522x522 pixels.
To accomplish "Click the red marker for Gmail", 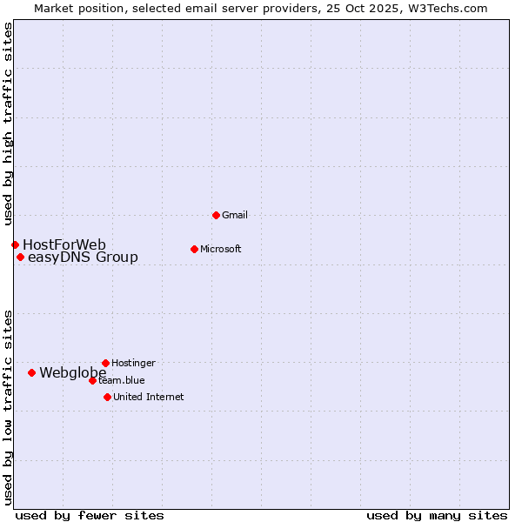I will pyautogui.click(x=216, y=215).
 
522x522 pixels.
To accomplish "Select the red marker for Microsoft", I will pyautogui.click(x=194, y=249).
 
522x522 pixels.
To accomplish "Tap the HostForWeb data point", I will pyautogui.click(x=15, y=244).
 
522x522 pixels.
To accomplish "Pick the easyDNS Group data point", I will pyautogui.click(x=20, y=257).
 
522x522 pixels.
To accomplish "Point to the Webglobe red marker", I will pyautogui.click(x=31, y=372).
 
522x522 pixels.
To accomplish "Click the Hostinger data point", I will pyautogui.click(x=105, y=363).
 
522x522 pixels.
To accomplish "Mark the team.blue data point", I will pyautogui.click(x=92, y=380).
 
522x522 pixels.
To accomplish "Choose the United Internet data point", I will pyautogui.click(x=107, y=397).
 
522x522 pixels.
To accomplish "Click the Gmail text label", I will pyautogui.click(x=235, y=215).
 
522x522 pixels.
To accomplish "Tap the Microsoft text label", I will pyautogui.click(x=221, y=249).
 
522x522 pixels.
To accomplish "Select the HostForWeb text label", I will pyautogui.click(x=64, y=244).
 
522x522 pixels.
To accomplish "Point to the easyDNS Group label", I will pyautogui.click(x=83, y=258).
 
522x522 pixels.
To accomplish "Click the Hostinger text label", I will pyautogui.click(x=134, y=363).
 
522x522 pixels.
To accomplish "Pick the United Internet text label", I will pyautogui.click(x=149, y=397).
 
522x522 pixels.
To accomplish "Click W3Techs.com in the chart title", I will pyautogui.click(x=447, y=8).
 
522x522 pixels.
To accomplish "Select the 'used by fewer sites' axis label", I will pyautogui.click(x=90, y=515).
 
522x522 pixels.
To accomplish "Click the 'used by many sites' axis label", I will pyautogui.click(x=437, y=515).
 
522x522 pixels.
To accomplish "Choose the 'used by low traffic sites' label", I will pyautogui.click(x=8, y=407).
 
